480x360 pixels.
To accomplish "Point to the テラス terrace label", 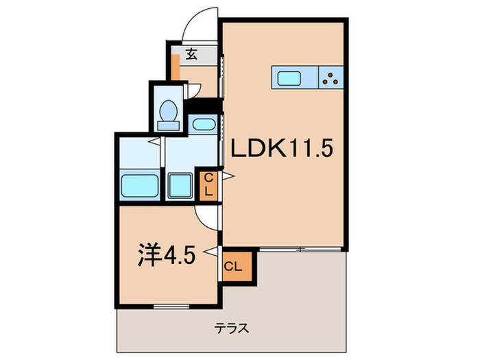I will pos(232,328).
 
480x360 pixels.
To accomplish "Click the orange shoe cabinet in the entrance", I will pos(176,71).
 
